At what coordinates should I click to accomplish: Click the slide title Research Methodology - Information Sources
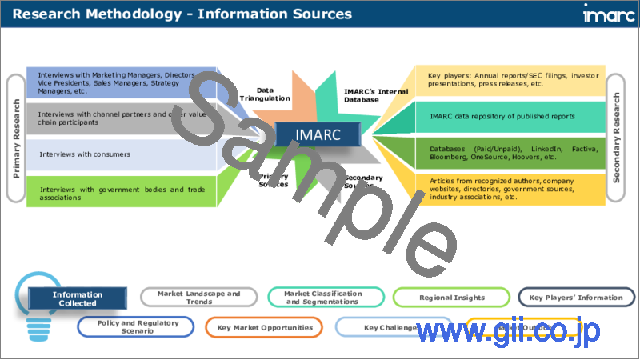pos(182,14)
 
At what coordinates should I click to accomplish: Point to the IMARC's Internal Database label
pos(376,94)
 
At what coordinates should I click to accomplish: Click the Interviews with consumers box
pos(120,154)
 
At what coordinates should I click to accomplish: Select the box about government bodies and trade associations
pos(120,193)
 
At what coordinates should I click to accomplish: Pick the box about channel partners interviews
pos(120,118)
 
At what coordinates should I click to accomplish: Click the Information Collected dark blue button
pos(78,298)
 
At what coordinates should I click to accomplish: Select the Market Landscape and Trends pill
pos(198,298)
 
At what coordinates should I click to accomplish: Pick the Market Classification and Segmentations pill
pos(325,298)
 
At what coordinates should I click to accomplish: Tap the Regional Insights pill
pos(452,298)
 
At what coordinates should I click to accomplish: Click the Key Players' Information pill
pos(575,298)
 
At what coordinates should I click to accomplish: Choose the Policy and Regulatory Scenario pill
pos(135,327)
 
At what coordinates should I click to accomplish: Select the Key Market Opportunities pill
pos(264,327)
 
